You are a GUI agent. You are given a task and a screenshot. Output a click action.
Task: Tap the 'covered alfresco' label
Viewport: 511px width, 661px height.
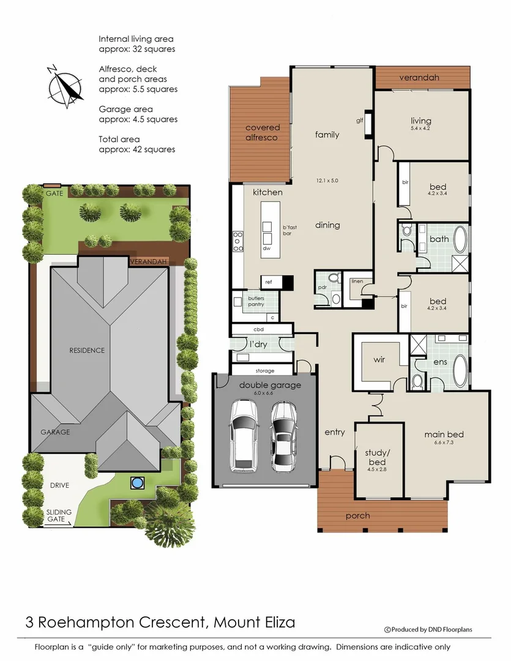click(x=263, y=132)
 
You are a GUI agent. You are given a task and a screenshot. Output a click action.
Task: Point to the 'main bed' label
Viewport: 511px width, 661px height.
click(x=444, y=435)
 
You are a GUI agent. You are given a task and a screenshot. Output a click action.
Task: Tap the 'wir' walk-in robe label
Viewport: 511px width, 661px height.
click(x=379, y=360)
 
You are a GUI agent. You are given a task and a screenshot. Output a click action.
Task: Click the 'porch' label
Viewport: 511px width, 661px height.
click(x=357, y=515)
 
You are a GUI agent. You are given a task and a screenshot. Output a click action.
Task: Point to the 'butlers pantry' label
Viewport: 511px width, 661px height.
click(x=256, y=301)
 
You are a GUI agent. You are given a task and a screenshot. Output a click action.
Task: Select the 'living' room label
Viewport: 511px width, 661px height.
click(x=421, y=121)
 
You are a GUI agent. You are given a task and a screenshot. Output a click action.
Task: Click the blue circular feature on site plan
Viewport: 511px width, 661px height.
click(x=136, y=484)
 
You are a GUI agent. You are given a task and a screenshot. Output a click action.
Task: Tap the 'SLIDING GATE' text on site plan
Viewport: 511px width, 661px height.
click(x=59, y=515)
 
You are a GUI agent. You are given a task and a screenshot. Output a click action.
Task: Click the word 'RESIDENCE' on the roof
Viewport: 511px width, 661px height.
click(x=86, y=351)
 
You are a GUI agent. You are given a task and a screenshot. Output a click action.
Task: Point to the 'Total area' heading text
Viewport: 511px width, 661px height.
click(x=119, y=140)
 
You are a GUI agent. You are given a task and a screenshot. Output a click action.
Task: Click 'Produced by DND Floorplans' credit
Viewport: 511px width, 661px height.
click(x=428, y=629)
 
